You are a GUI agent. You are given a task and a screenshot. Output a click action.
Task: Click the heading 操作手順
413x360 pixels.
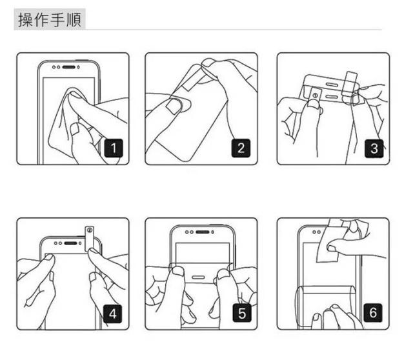click(50, 19)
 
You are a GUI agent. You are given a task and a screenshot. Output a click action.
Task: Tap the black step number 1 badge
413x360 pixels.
click(114, 148)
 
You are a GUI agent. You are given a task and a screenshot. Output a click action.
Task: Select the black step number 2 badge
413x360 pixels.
click(241, 148)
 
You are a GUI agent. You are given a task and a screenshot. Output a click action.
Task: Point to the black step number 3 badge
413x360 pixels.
click(374, 148)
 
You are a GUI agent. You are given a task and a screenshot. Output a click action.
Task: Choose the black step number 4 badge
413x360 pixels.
click(113, 314)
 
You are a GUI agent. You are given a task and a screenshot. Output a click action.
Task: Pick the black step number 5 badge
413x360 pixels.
click(242, 313)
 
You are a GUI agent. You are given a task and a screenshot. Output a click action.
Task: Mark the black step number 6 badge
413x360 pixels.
click(373, 313)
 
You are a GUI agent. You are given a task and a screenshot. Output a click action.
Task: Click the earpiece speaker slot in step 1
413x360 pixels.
click(69, 67)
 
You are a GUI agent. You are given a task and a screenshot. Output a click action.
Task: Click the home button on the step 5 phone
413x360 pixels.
click(198, 277)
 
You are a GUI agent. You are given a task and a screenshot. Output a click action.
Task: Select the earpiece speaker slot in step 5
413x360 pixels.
click(202, 232)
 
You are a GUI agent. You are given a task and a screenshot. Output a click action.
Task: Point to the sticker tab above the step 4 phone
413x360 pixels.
click(90, 238)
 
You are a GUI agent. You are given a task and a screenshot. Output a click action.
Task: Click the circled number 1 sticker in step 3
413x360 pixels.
click(315, 95)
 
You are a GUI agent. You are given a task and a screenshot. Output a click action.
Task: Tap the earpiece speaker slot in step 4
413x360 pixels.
click(71, 243)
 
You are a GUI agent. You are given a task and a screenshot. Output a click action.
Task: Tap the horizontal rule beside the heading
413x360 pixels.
click(234, 30)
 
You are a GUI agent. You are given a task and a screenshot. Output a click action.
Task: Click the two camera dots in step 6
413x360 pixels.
click(316, 232)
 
